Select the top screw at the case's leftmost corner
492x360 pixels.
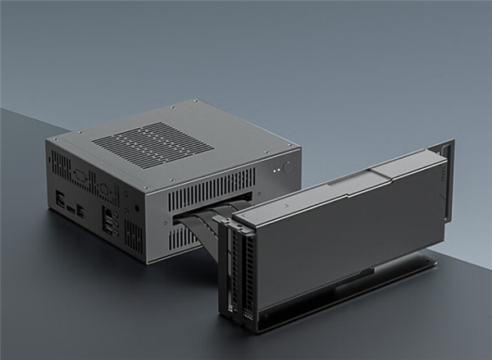coord(54,140)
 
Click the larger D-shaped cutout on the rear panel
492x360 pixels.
coord(80,175)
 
